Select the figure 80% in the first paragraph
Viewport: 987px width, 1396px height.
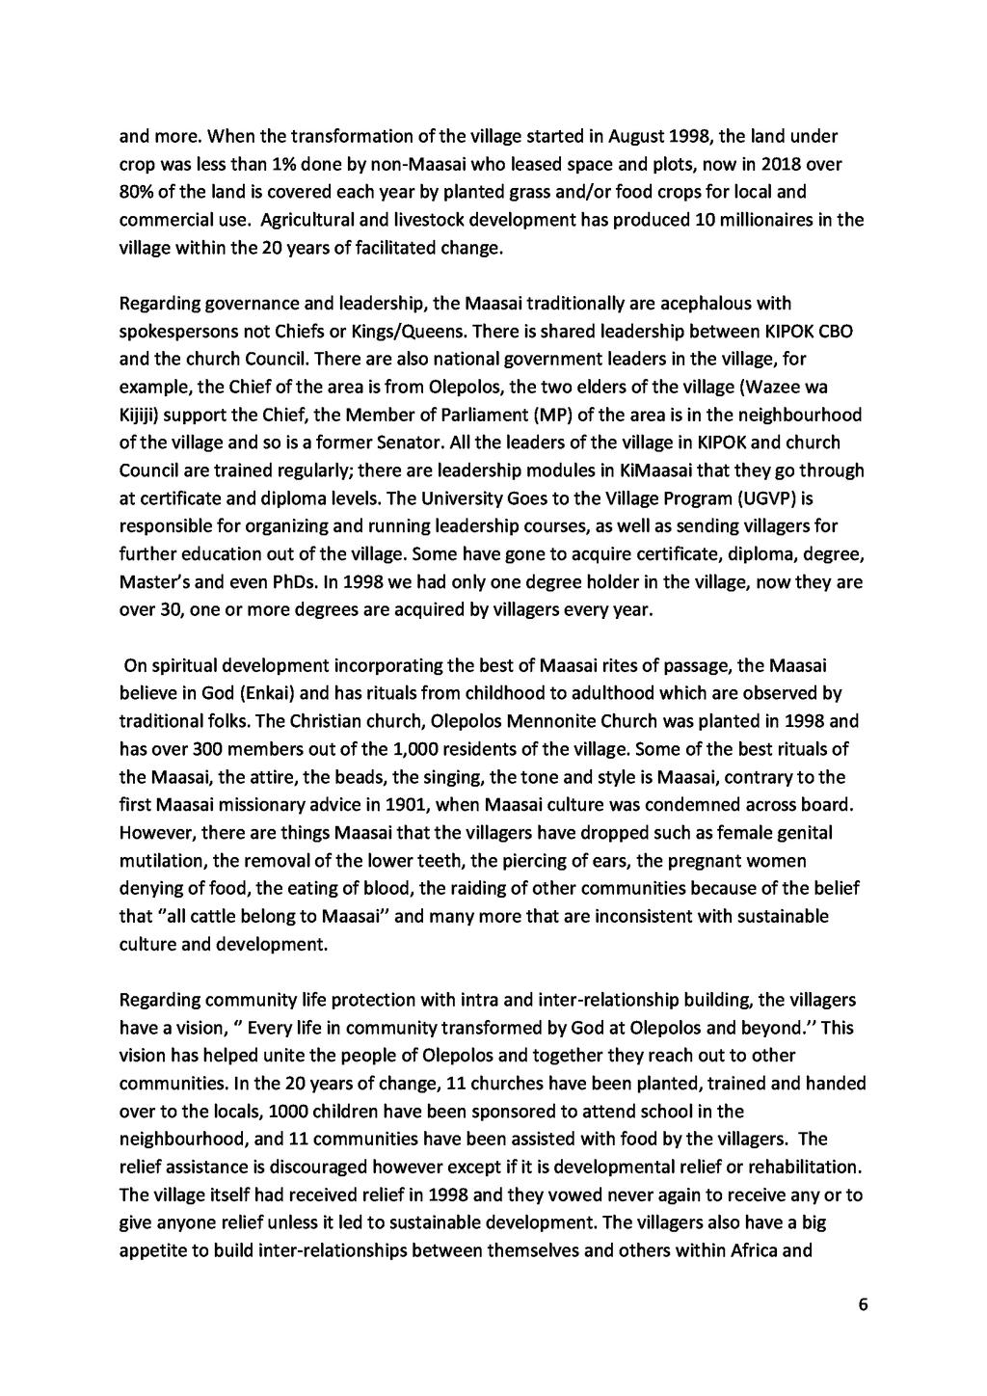pos(136,191)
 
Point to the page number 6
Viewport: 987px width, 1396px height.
pos(863,1305)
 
